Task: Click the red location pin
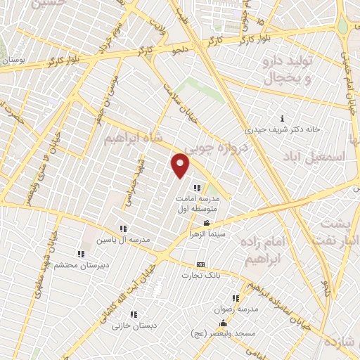pos(181,165)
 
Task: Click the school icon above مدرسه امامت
pos(197,188)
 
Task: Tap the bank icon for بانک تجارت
pos(201,264)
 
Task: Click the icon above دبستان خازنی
pos(133,314)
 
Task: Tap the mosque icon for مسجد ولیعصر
pos(224,323)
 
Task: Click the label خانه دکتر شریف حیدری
pos(282,129)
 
